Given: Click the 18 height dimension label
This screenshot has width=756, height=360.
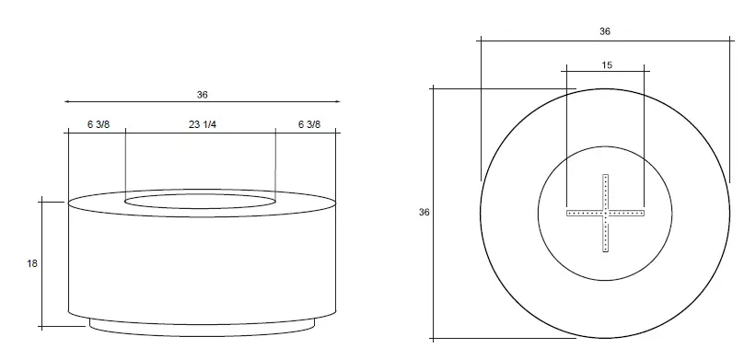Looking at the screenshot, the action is pyautogui.click(x=32, y=263).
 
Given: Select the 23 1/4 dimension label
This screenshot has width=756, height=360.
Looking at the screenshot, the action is pyautogui.click(x=203, y=125).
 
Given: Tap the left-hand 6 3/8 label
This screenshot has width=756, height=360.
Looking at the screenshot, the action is pyautogui.click(x=99, y=125).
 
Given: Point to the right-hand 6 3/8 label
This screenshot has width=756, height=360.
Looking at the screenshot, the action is pyautogui.click(x=309, y=125).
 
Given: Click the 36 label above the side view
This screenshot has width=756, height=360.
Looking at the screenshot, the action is pyautogui.click(x=202, y=95).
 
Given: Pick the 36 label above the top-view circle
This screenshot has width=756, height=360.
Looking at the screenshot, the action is pyautogui.click(x=605, y=31).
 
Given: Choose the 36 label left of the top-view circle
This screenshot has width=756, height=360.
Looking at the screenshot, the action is pyautogui.click(x=424, y=212).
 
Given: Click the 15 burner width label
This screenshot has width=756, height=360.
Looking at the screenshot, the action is pyautogui.click(x=607, y=65).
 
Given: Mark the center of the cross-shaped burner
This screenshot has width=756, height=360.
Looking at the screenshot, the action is pyautogui.click(x=606, y=213).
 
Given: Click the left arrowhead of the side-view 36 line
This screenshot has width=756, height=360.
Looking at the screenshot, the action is pyautogui.click(x=64, y=101).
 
